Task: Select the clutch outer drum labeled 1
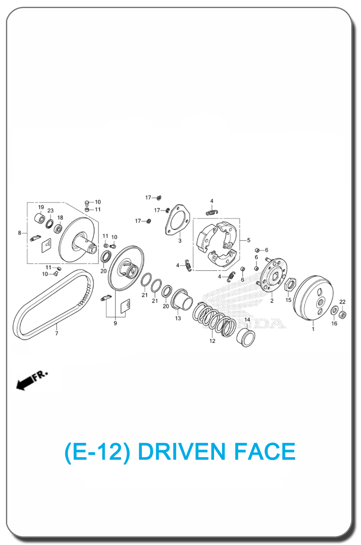tap(313, 298)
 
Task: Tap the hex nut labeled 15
tap(290, 284)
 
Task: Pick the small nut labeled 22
tap(342, 314)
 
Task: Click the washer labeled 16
tap(334, 311)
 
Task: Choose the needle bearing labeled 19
tap(39, 218)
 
